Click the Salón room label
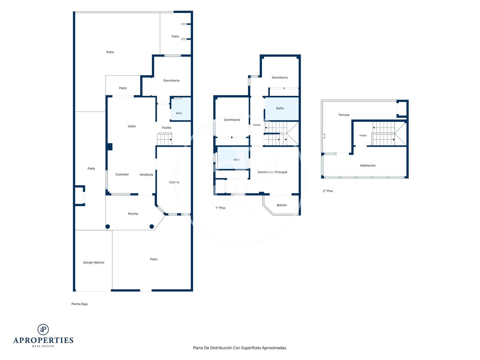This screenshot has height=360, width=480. click(x=132, y=126)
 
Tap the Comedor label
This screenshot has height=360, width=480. click(x=122, y=174)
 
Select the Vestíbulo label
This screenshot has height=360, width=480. click(x=146, y=175)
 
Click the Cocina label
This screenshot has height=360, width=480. click(x=174, y=182)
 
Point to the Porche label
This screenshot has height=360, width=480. click(x=133, y=214)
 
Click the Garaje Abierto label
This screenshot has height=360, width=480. click(x=94, y=262)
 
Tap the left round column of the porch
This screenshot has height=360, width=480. click(x=108, y=227)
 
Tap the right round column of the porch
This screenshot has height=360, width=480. click(x=152, y=227)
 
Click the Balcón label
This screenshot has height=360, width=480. click(x=282, y=205)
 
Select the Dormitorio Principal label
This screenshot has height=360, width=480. click(x=273, y=172)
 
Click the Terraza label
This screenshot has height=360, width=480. click(x=344, y=115)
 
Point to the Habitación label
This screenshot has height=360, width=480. click(x=368, y=166)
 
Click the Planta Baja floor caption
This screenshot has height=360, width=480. click(x=80, y=304)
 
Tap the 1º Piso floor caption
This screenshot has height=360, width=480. click(x=220, y=208)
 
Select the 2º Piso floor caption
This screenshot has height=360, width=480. click(x=328, y=191)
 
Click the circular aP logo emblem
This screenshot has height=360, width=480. click(x=43, y=329)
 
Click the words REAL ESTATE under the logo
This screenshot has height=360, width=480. click(x=43, y=346)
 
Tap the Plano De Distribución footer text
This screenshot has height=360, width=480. click(x=240, y=348)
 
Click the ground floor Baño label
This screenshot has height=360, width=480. click(x=179, y=113)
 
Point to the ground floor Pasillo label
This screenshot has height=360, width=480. click(x=166, y=128)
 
